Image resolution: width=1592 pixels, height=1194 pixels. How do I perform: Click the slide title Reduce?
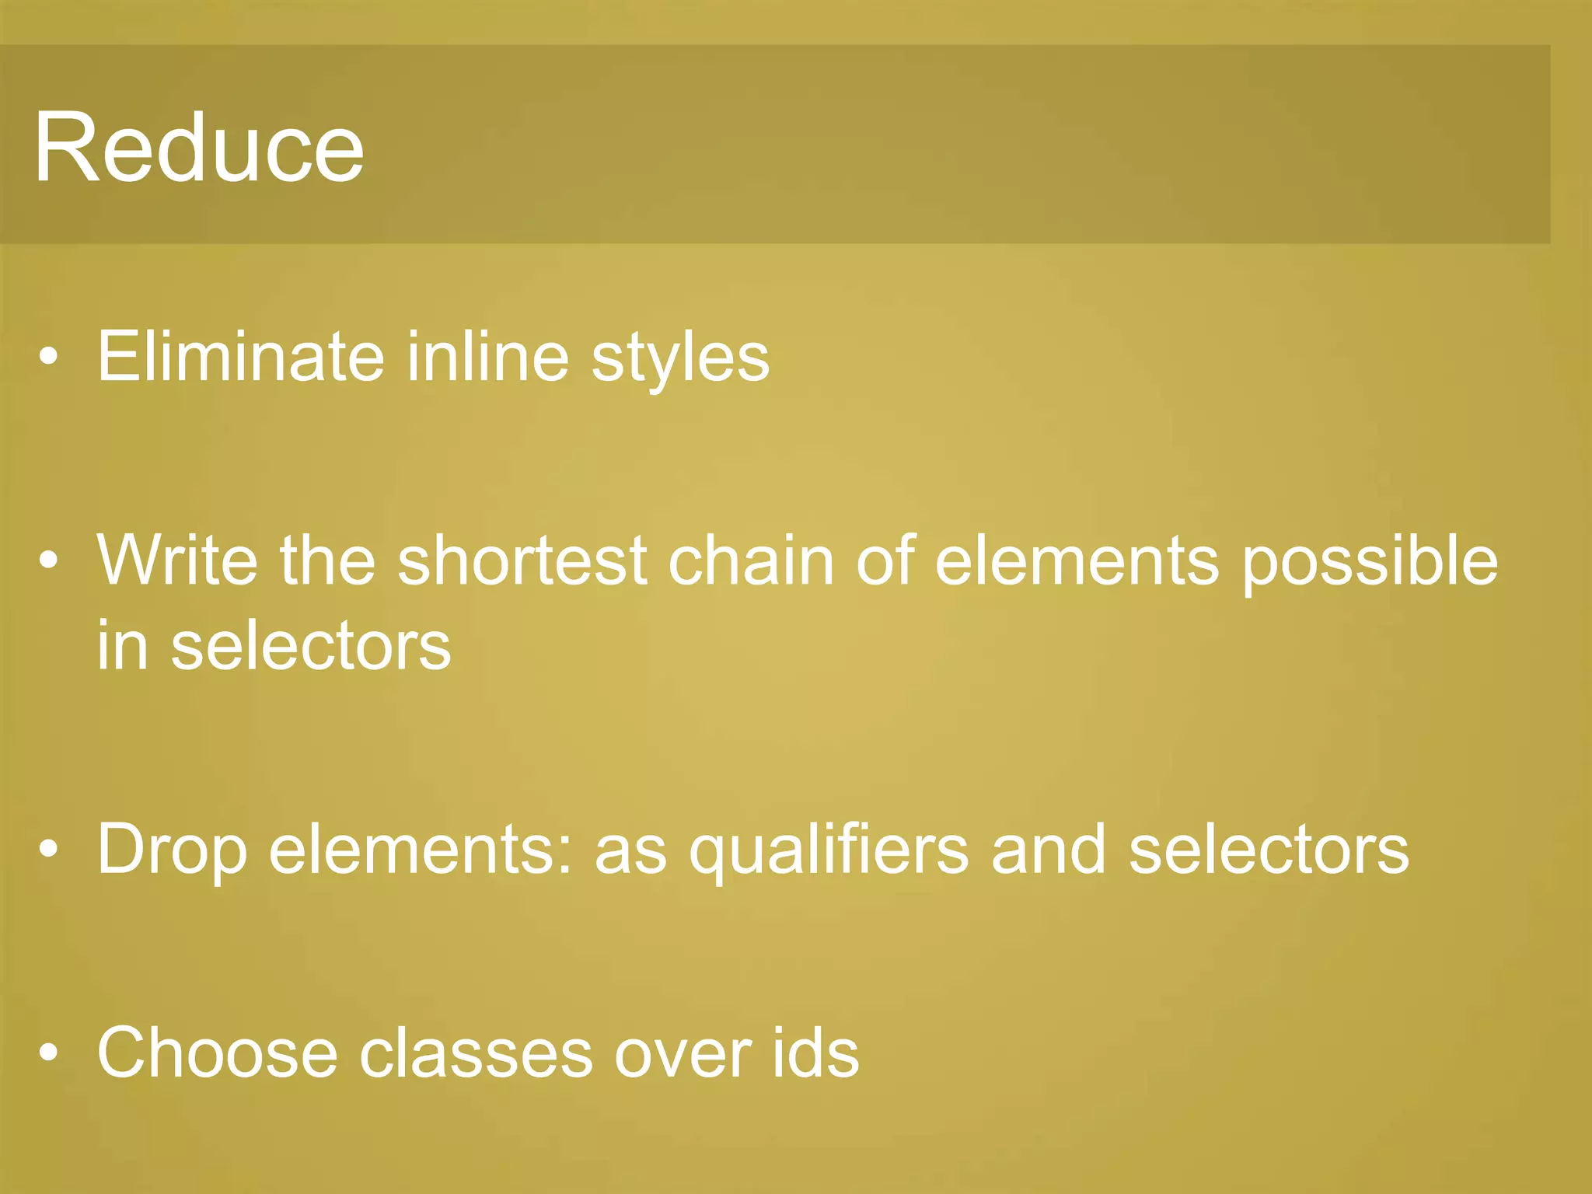(199, 148)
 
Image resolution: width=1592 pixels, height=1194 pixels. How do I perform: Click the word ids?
(815, 1053)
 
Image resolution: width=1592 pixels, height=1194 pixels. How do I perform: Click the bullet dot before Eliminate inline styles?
(49, 358)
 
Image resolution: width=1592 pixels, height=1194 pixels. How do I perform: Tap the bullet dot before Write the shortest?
(49, 561)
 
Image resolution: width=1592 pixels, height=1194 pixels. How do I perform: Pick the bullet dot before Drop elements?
(49, 850)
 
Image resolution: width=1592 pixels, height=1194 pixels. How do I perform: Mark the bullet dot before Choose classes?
(49, 1053)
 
